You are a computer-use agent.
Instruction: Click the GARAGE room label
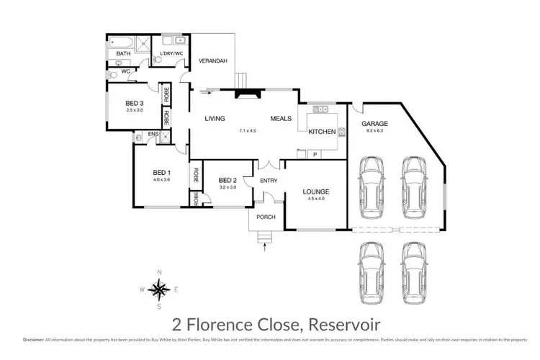[x=374, y=123]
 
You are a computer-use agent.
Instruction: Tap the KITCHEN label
[x=320, y=132]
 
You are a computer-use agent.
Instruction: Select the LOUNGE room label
[x=315, y=192]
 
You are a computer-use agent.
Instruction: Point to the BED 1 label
[x=161, y=172]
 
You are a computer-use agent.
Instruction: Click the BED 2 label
[x=228, y=180]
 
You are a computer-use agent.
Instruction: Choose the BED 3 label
[x=135, y=103]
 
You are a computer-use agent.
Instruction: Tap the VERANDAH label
[x=212, y=61]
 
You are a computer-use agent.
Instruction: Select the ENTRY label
[x=269, y=181]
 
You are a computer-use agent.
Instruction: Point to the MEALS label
[x=281, y=119]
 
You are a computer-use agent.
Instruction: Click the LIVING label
[x=215, y=119]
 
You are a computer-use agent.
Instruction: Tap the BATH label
[x=124, y=54]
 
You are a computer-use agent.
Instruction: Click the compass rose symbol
[x=160, y=289]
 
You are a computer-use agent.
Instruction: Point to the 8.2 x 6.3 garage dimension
[x=374, y=131]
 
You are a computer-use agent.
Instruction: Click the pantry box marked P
[x=315, y=154]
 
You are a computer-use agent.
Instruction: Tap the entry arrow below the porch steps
[x=266, y=249]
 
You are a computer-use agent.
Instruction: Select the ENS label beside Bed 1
[x=153, y=133]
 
